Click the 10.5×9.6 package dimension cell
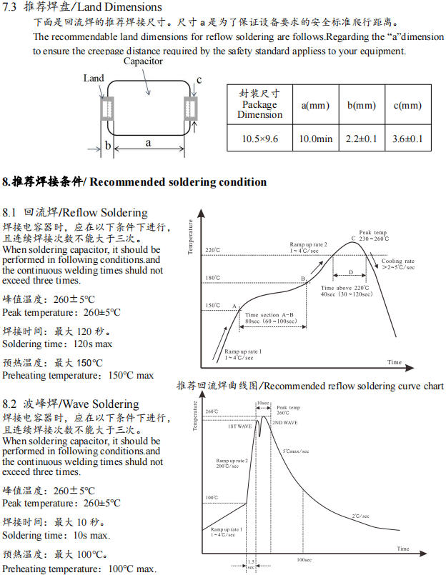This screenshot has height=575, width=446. (x=259, y=139)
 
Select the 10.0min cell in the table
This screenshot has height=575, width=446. (x=315, y=139)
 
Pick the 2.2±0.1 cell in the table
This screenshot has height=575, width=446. (x=361, y=139)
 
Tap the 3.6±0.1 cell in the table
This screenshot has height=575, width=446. (x=407, y=139)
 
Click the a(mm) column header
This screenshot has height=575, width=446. (x=315, y=106)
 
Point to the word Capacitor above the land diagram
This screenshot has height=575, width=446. (x=143, y=61)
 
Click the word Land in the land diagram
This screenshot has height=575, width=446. (x=93, y=79)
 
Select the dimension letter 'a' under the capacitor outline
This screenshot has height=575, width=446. (x=149, y=143)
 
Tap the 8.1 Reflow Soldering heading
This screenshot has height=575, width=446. (x=75, y=213)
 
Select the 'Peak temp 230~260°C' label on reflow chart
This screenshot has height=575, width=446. (x=372, y=236)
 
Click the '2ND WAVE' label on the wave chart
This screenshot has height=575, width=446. (x=284, y=423)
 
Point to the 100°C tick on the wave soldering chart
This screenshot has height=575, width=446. (x=212, y=498)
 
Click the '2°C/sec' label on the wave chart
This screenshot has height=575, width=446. (x=360, y=516)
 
